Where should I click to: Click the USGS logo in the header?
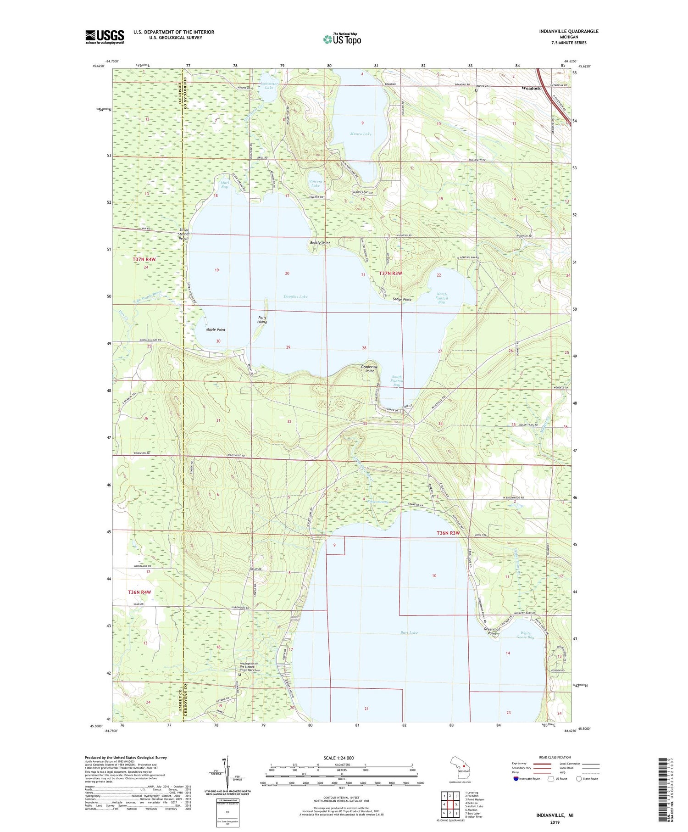[105, 37]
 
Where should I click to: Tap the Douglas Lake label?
[295, 297]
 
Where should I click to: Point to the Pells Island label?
[262, 320]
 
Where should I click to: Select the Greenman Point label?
[492, 631]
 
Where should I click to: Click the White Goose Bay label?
[525, 635]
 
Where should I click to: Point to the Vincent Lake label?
[316, 183]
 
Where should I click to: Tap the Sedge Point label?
[401, 299]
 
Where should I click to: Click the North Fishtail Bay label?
[441, 298]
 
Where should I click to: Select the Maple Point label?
[216, 329]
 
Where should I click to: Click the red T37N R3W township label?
[390, 274]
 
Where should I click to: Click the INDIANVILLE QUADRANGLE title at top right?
[562, 31]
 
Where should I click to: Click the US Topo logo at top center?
[342, 39]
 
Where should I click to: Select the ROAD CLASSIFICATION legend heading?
[555, 757]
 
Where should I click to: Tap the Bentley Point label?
[320, 243]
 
